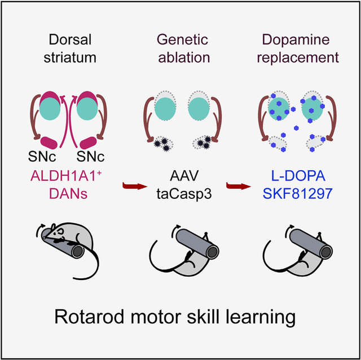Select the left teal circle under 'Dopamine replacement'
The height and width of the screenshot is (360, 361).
[x=275, y=108]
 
